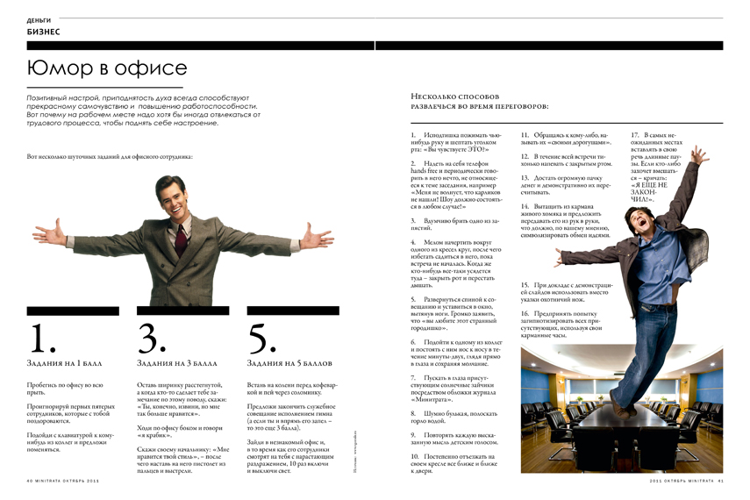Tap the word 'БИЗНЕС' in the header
[43, 32]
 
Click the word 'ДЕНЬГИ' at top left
[39, 18]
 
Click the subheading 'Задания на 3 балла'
[179, 362]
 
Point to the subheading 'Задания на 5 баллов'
[290, 362]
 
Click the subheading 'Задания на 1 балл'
[66, 362]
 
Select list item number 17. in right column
[636, 135]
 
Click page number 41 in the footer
[718, 481]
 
